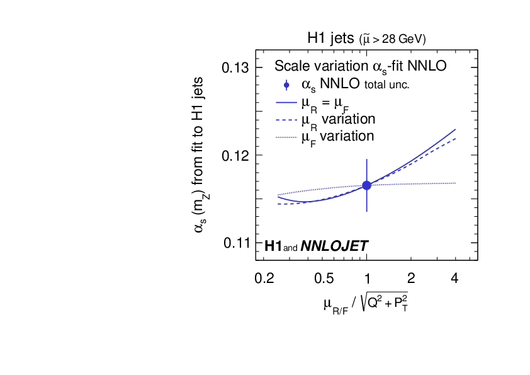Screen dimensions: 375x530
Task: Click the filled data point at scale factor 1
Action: coord(366,185)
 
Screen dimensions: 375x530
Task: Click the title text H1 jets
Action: coord(330,38)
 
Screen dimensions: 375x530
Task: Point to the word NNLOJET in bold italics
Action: coord(334,246)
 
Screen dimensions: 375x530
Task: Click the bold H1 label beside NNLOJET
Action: coord(273,246)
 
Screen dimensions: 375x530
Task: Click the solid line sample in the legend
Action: coord(286,102)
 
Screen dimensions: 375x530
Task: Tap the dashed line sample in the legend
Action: coord(286,119)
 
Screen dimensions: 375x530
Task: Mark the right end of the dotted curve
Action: coord(455,183)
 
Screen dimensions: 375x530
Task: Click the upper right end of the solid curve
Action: coord(455,129)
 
